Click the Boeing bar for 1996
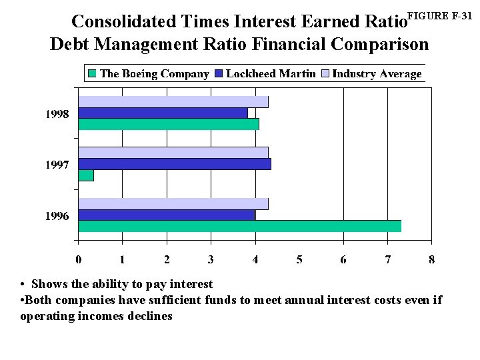click(239, 226)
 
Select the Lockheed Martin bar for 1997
click(175, 164)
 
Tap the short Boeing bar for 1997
click(86, 175)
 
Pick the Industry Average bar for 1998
click(173, 102)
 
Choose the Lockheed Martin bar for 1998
click(163, 113)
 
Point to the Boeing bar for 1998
click(169, 124)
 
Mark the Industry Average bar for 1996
click(173, 204)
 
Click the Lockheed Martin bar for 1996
click(167, 215)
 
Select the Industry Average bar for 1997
click(173, 153)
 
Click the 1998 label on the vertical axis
click(57, 114)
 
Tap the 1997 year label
click(57, 165)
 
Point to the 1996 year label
click(57, 216)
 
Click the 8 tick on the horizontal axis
click(432, 259)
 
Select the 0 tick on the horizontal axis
click(79, 259)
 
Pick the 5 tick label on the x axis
click(299, 259)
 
